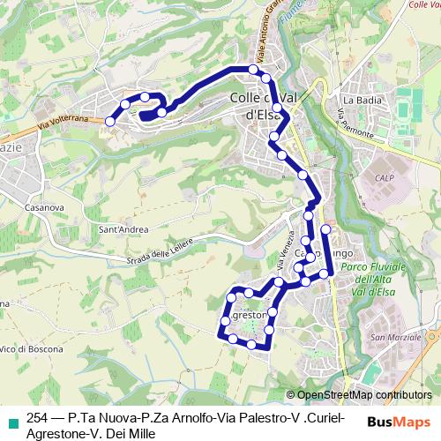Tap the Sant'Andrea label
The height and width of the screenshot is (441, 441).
point(123,231)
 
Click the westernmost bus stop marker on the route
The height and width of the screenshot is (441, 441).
point(110,121)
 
